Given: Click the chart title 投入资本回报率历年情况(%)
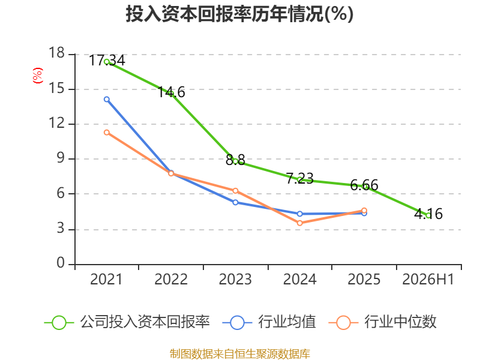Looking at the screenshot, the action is (x=239, y=14).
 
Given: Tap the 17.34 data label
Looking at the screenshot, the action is (x=107, y=60).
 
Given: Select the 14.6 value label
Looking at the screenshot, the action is (x=171, y=92).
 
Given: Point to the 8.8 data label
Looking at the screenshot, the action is (x=235, y=160).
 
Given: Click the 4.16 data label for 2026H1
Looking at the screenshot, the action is (x=428, y=214).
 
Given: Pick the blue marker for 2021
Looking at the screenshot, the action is (x=107, y=99).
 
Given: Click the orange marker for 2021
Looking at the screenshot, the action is (x=107, y=132).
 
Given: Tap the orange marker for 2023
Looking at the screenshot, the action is (x=235, y=191).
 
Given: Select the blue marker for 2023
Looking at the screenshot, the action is (x=235, y=202).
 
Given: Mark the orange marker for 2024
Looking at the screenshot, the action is (x=299, y=223).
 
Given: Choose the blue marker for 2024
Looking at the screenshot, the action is (x=299, y=214).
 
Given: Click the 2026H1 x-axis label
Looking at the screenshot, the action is (x=428, y=279).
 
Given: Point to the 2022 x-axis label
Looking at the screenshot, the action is (x=171, y=279).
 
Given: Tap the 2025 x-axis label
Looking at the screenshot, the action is (x=364, y=279).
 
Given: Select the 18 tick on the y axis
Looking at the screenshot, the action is (x=56, y=53).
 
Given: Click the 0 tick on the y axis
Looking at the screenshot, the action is (x=61, y=263).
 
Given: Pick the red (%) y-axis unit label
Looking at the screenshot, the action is (x=38, y=76).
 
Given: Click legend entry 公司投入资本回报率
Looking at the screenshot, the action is (x=127, y=322).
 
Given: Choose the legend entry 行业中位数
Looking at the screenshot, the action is (x=383, y=322).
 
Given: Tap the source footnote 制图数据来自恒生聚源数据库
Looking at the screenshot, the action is (x=240, y=354).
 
